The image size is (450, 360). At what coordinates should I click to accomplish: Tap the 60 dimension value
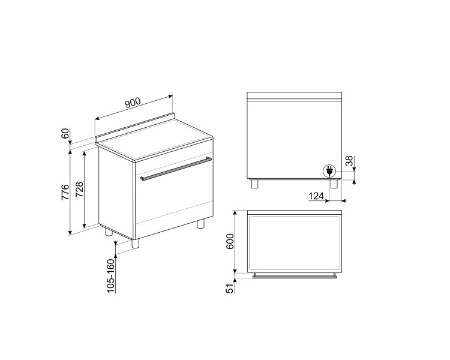point(65,134)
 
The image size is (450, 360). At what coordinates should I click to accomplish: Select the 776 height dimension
point(65,192)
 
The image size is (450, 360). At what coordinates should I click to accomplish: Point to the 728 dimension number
point(79,190)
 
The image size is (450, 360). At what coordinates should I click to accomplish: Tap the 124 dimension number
point(317,197)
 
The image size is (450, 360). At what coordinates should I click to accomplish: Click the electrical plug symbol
point(329,172)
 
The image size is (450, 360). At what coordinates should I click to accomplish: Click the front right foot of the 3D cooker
point(200,223)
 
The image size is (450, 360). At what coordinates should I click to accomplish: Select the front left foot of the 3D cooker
point(136,243)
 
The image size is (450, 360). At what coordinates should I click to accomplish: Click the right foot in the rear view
point(334,184)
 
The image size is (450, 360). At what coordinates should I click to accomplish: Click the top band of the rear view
point(295,97)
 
